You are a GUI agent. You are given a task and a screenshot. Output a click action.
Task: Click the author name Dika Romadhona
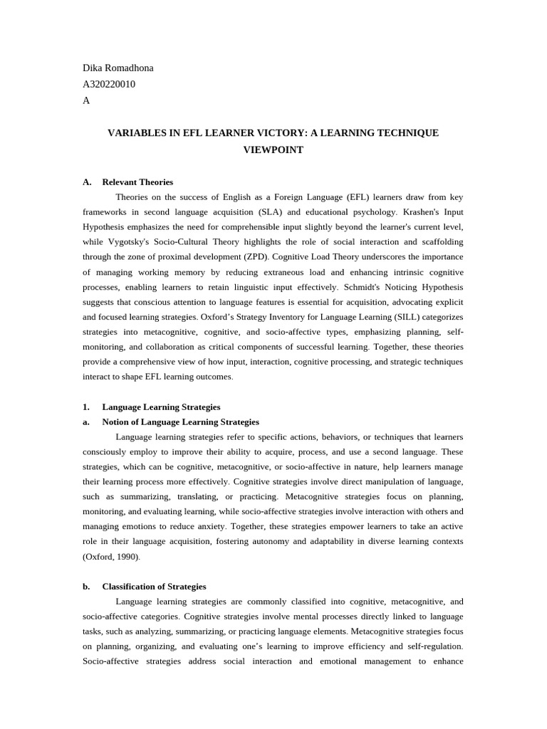tap(118, 68)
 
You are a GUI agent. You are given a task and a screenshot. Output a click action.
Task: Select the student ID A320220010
tap(109, 85)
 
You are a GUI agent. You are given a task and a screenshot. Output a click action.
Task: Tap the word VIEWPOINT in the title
tap(273, 150)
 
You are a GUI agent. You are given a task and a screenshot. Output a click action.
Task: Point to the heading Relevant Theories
tap(137, 182)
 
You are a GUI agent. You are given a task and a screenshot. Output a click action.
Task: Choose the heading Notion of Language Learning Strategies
tap(180, 422)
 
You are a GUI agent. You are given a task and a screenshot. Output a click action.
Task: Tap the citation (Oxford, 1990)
tap(112, 557)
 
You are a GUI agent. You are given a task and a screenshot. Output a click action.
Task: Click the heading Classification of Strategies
tap(154, 587)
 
